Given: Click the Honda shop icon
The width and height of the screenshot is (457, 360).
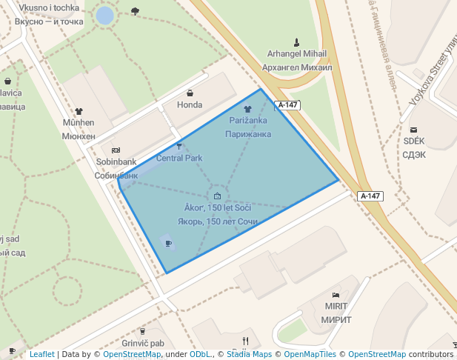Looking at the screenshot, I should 190,93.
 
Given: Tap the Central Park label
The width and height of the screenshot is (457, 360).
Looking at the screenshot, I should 179,158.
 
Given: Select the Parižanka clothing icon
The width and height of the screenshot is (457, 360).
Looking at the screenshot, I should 248,108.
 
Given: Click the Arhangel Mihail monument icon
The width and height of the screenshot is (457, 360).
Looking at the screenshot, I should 297,41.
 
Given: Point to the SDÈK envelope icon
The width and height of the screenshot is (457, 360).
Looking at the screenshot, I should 413,130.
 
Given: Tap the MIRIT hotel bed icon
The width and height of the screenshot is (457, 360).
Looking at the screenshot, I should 336,295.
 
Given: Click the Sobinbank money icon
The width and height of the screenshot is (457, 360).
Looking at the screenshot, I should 116,150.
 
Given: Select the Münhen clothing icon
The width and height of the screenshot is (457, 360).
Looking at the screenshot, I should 79,111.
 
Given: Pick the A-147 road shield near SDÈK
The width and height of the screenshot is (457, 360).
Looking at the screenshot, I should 370,196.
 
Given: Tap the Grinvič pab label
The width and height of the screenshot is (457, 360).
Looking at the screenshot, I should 143,344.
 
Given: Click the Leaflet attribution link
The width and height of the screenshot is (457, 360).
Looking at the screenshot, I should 41,355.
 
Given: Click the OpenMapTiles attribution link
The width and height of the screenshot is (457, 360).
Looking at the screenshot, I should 310,355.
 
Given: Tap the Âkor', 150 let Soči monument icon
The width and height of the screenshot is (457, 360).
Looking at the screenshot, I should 218,196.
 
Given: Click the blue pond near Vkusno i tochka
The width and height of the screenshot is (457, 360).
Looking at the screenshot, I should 105,15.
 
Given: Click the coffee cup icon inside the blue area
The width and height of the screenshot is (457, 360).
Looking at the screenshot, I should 168,243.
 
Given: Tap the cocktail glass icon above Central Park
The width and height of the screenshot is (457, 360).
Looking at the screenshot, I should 179,146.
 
